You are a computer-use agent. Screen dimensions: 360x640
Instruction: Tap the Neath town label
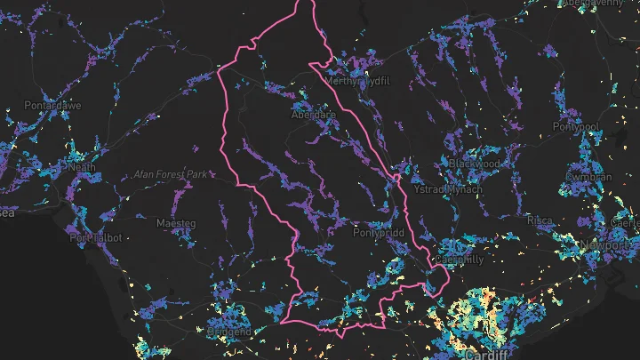point(82,166)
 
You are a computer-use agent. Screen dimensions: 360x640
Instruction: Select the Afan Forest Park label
point(170,174)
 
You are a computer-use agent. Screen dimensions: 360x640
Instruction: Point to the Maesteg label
point(175,222)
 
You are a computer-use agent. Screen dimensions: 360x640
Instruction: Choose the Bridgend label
point(229,331)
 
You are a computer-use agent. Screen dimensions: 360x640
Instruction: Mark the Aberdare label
point(313,116)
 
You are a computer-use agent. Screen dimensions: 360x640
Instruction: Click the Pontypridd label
point(380,234)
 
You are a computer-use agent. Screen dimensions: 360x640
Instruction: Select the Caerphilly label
point(459,260)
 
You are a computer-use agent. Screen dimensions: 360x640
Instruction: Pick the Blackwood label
point(474,164)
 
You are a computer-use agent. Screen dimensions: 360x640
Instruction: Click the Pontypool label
point(577,126)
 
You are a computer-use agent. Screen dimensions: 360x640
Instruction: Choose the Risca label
point(540,220)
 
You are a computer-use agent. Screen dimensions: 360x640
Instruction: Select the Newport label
point(604,244)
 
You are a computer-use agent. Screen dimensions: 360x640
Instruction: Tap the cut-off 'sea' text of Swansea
point(7,212)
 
